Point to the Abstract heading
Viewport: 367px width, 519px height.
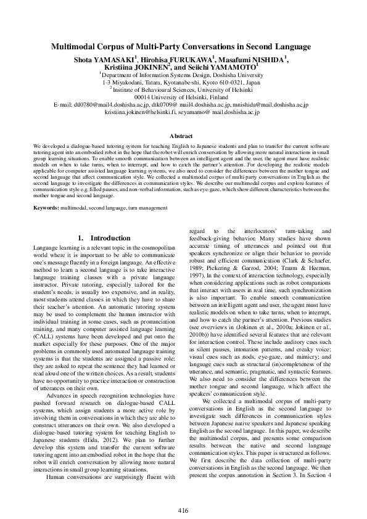[183, 136]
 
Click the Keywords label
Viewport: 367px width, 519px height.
[46, 208]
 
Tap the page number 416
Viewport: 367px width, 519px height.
[183, 493]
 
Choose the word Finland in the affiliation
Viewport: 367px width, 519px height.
[220, 97]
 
